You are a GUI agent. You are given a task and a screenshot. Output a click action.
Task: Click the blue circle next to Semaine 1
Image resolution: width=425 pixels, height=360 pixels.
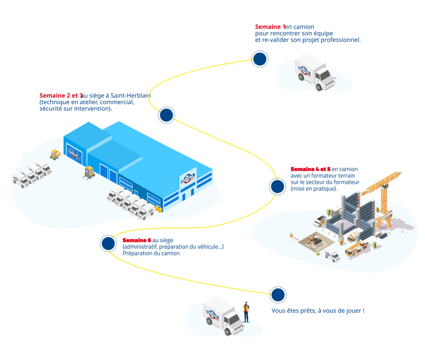click(259, 59)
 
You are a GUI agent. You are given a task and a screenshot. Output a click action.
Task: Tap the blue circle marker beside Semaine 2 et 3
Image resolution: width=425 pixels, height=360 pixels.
click(166, 115)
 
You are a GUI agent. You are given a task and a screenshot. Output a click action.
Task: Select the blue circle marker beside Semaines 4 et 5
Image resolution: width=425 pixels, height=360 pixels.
click(277, 186)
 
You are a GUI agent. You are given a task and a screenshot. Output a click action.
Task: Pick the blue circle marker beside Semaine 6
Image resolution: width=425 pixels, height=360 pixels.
click(108, 243)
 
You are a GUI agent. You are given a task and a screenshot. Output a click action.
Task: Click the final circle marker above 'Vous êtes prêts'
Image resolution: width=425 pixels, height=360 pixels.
click(277, 295)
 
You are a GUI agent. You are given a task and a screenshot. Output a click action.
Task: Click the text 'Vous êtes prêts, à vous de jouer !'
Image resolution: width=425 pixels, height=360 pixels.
click(318, 311)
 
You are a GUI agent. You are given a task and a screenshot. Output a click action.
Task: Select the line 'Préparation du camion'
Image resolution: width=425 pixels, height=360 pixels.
click(151, 254)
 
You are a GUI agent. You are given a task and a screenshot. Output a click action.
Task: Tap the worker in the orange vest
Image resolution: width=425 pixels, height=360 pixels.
click(246, 311)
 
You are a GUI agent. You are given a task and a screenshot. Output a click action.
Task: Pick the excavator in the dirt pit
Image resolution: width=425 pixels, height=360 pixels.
click(315, 241)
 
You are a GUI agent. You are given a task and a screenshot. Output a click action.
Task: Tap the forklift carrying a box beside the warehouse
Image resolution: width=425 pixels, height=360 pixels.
click(88, 172)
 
